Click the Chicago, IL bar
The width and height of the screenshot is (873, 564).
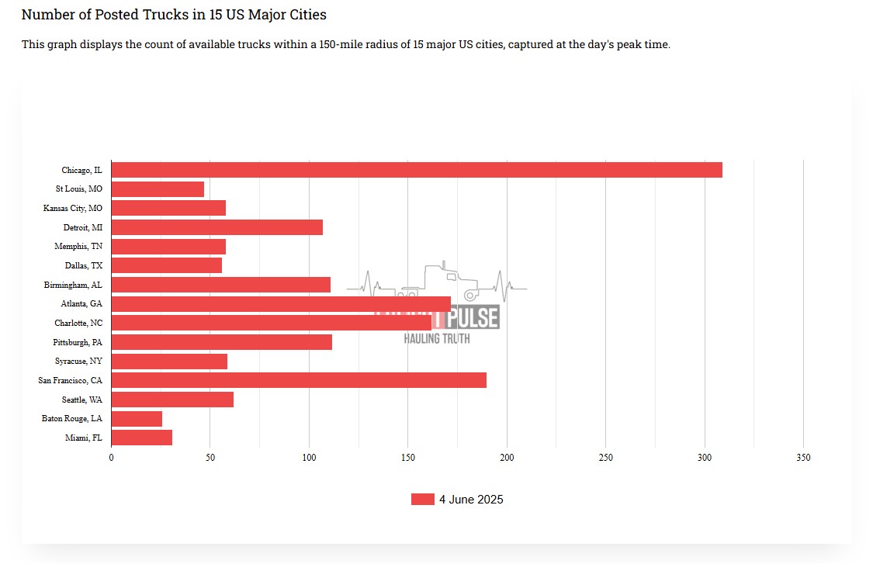pos(417,170)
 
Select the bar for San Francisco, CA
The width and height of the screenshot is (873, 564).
pos(299,380)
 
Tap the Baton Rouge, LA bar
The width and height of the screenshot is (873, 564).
pos(137,419)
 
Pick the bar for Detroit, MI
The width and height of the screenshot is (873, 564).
pos(217,227)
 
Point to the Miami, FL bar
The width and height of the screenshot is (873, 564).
pos(142,438)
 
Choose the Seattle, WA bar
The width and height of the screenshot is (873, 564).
pos(172,400)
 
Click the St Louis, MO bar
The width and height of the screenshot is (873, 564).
pos(158,189)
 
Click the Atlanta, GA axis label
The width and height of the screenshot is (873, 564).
pos(81,304)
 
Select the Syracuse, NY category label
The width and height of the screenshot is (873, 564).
pos(78,362)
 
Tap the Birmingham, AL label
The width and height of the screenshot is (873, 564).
pos(73,285)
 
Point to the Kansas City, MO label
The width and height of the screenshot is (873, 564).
pos(72,208)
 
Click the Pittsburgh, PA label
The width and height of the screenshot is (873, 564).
pos(78,342)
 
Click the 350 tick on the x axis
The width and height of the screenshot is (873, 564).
pos(803,458)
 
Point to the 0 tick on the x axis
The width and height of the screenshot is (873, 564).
pos(111,458)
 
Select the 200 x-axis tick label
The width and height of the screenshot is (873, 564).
pos(507,458)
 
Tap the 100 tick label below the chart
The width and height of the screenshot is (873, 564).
pos(309,458)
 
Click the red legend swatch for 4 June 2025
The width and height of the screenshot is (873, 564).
pos(422,500)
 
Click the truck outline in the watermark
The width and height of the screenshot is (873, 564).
pos(450,282)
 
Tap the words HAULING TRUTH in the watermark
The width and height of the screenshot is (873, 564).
pos(436,338)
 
